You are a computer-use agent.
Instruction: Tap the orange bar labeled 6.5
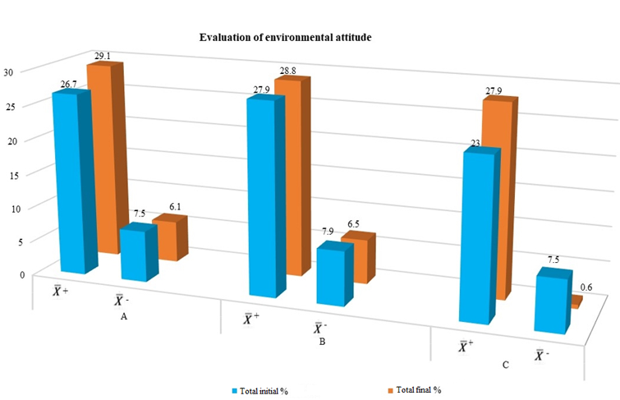(x=356, y=259)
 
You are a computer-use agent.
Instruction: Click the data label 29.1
(x=103, y=56)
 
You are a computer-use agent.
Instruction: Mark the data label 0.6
(x=586, y=287)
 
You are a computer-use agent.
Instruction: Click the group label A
(x=123, y=316)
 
